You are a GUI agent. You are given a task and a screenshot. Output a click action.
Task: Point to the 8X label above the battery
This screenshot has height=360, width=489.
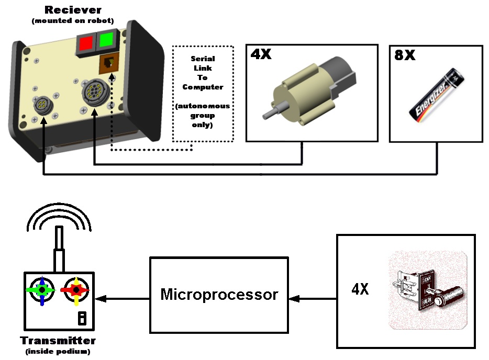404,55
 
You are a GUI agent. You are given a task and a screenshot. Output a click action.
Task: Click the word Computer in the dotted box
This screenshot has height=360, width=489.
203,87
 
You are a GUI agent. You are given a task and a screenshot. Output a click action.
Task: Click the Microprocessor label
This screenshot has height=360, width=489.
219,294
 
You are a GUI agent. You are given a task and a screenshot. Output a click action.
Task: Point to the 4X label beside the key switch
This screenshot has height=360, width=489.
360,289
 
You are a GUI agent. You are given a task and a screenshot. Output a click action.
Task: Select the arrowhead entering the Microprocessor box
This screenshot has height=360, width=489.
294,299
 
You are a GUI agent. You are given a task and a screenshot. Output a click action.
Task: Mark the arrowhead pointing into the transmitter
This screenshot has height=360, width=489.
99,299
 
